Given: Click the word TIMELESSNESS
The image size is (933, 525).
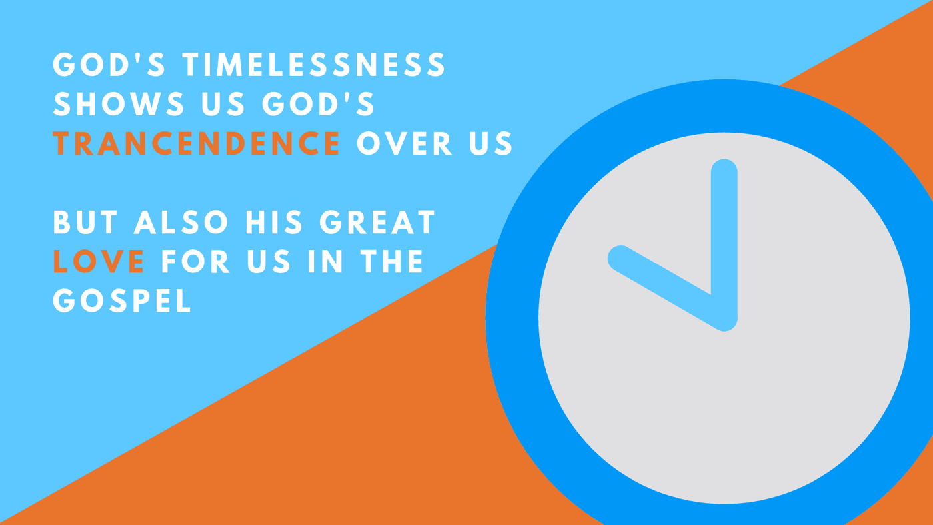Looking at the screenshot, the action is (315, 65).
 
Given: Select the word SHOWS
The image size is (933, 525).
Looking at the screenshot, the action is (119, 104).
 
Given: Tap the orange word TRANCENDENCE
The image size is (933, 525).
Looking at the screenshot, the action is (197, 143).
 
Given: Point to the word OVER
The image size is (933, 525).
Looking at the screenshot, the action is (405, 143).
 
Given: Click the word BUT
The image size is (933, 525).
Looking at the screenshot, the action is (85, 222).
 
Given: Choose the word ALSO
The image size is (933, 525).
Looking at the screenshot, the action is (181, 222).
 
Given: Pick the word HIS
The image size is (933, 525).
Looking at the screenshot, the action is (274, 222).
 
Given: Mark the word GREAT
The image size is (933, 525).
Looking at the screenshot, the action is (377, 222).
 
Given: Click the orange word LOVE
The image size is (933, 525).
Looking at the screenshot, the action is (99, 261).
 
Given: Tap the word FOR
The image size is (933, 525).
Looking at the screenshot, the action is (196, 261).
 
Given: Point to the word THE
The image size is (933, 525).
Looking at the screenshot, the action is (392, 261).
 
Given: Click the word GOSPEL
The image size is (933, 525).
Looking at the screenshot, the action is (122, 300).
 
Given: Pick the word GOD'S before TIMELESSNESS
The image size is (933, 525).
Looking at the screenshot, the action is (109, 65).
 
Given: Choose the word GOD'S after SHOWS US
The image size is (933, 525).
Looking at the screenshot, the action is (319, 104).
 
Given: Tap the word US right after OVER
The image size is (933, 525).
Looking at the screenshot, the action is (492, 143).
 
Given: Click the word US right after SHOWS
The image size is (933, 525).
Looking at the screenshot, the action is (223, 104).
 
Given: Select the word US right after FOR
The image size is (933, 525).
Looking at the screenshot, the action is (269, 261).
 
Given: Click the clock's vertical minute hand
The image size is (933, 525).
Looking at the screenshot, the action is (724, 245).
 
